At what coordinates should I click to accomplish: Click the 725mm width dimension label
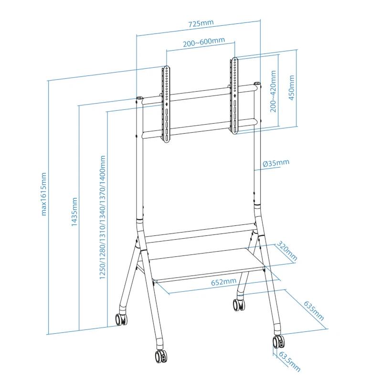[201, 23]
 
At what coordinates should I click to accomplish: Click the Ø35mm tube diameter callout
[276, 163]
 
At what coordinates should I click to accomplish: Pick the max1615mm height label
[44, 193]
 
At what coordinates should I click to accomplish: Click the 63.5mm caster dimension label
[289, 361]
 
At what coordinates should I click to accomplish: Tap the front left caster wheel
[160, 355]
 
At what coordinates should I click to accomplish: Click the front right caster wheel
[278, 342]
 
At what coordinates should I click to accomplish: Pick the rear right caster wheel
[237, 303]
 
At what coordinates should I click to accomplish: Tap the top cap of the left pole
[139, 99]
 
